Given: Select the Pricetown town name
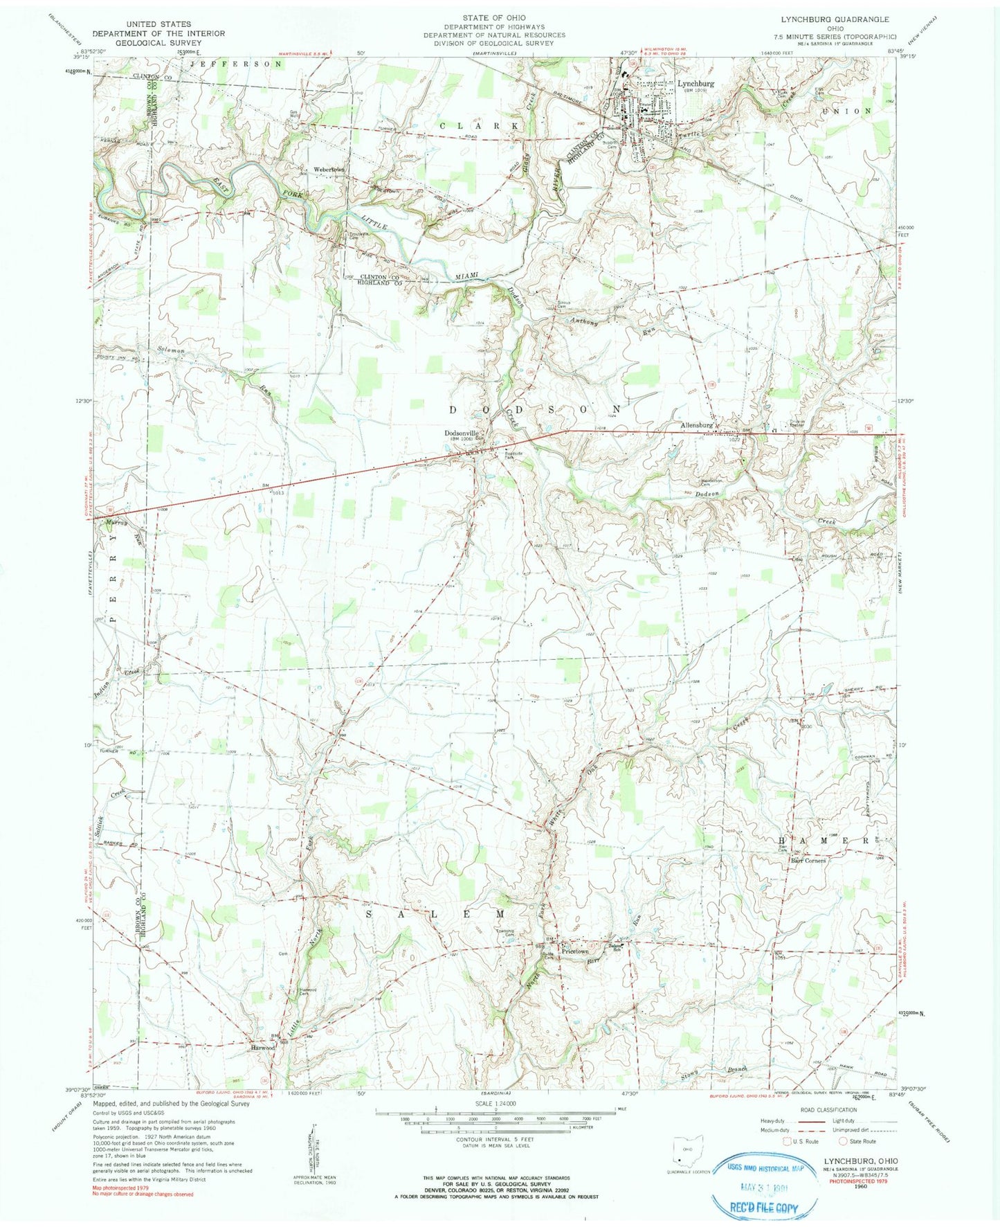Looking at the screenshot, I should [x=579, y=951].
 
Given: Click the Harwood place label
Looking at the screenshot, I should [x=262, y=1048].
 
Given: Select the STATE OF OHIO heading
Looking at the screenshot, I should [x=494, y=17].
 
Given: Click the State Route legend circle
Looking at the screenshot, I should [x=843, y=1141].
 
